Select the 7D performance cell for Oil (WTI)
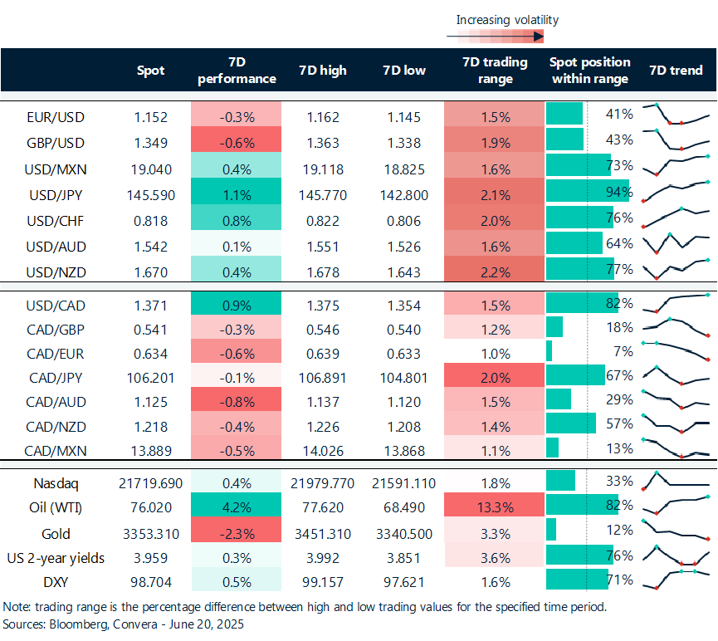236,506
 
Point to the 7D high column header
322,71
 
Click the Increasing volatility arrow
495,36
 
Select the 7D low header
404,71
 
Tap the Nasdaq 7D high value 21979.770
322,482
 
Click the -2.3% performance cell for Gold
236,532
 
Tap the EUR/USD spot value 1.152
150,117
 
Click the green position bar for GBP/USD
564,139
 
